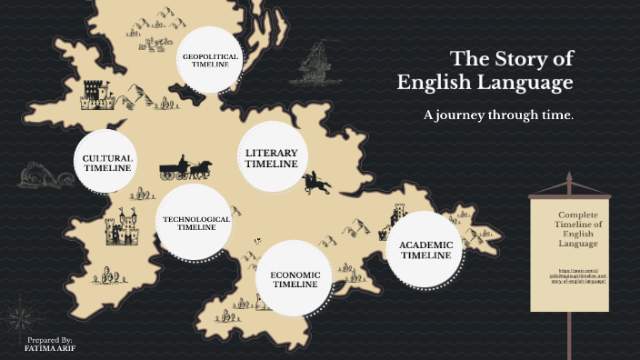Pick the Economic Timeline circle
tap(295, 278)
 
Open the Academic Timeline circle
tap(425, 250)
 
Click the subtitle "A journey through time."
tap(498, 115)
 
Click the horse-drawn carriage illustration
tap(185, 169)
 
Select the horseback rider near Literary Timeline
tap(316, 182)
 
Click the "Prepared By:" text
tap(50, 338)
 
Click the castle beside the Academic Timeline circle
tap(397, 216)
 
